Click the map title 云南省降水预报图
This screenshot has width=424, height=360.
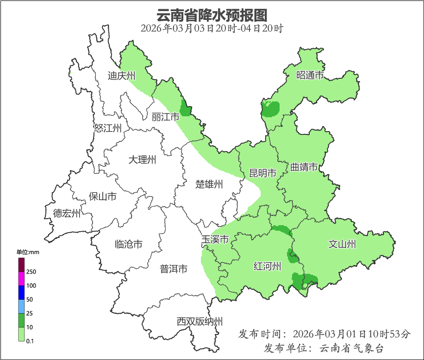tap(212, 15)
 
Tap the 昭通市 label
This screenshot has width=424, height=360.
tap(310, 75)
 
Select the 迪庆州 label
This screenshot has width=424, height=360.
tap(121, 76)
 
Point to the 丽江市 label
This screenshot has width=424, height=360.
tap(165, 117)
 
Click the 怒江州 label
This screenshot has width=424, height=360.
tap(107, 128)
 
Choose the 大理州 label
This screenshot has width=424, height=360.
tap(142, 160)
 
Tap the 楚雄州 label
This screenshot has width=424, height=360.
tap(209, 184)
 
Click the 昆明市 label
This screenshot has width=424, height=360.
tap(262, 173)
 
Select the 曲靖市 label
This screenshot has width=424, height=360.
tap(304, 167)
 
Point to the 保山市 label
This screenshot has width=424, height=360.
tap(102, 196)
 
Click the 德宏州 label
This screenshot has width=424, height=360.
tap(66, 213)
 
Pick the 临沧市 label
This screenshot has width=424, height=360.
tap(128, 244)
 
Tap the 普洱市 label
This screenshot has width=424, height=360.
tap(174, 269)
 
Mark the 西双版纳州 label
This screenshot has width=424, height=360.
tap(200, 321)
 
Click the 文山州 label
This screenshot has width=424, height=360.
tap(342, 244)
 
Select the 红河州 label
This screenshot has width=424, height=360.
tap(268, 266)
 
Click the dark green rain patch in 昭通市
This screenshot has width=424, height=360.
tap(271, 109)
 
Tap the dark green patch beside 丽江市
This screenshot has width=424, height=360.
tap(185, 109)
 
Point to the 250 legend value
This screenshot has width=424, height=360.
tap(31, 272)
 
